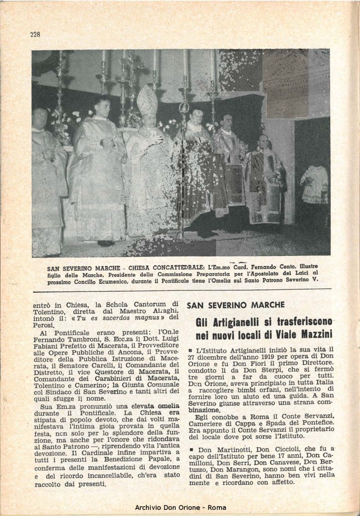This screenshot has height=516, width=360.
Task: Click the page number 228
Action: (x=35, y=34)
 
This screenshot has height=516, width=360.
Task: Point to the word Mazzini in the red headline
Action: (x=312, y=333)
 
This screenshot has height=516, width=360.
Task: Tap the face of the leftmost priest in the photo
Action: (x=40, y=117)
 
